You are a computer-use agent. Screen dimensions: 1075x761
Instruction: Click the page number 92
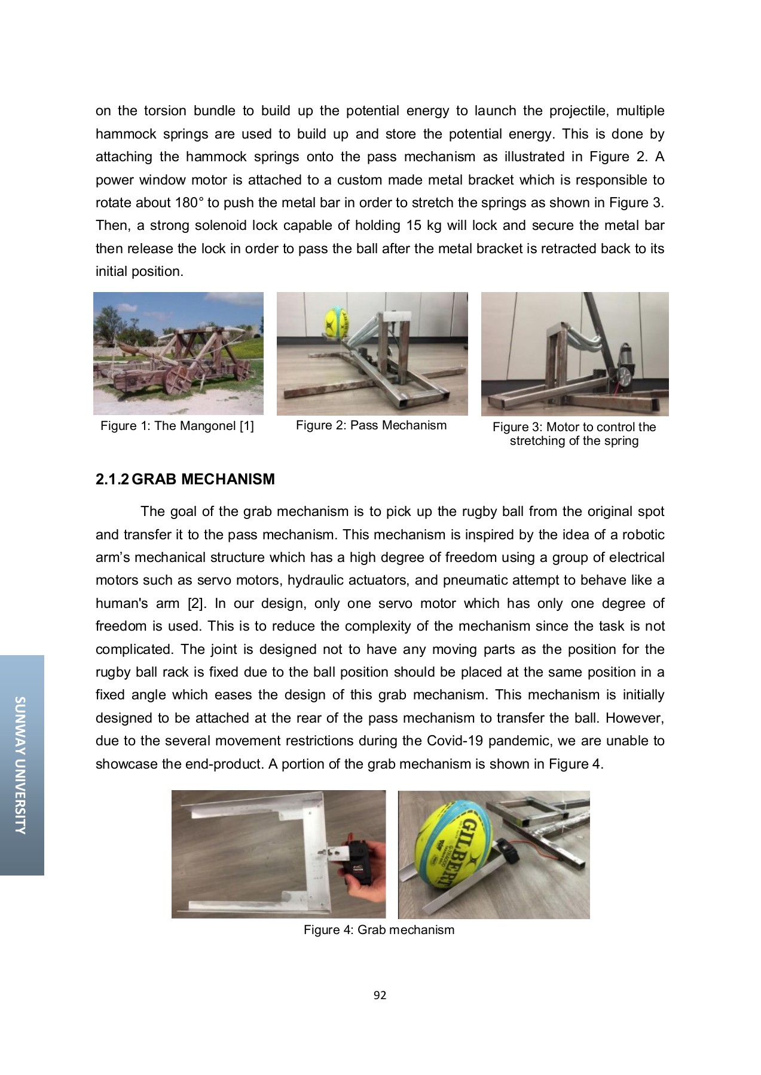click(x=380, y=995)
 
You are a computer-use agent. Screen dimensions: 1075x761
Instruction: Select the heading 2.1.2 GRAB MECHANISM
click(x=185, y=479)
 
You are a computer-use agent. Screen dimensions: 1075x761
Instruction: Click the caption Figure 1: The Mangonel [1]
click(x=177, y=426)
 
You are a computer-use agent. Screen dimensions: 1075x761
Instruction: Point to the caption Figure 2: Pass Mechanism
click(x=371, y=425)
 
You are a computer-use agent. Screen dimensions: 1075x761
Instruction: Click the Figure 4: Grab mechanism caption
click(x=378, y=930)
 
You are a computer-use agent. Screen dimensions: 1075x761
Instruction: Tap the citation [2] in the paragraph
click(x=196, y=603)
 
